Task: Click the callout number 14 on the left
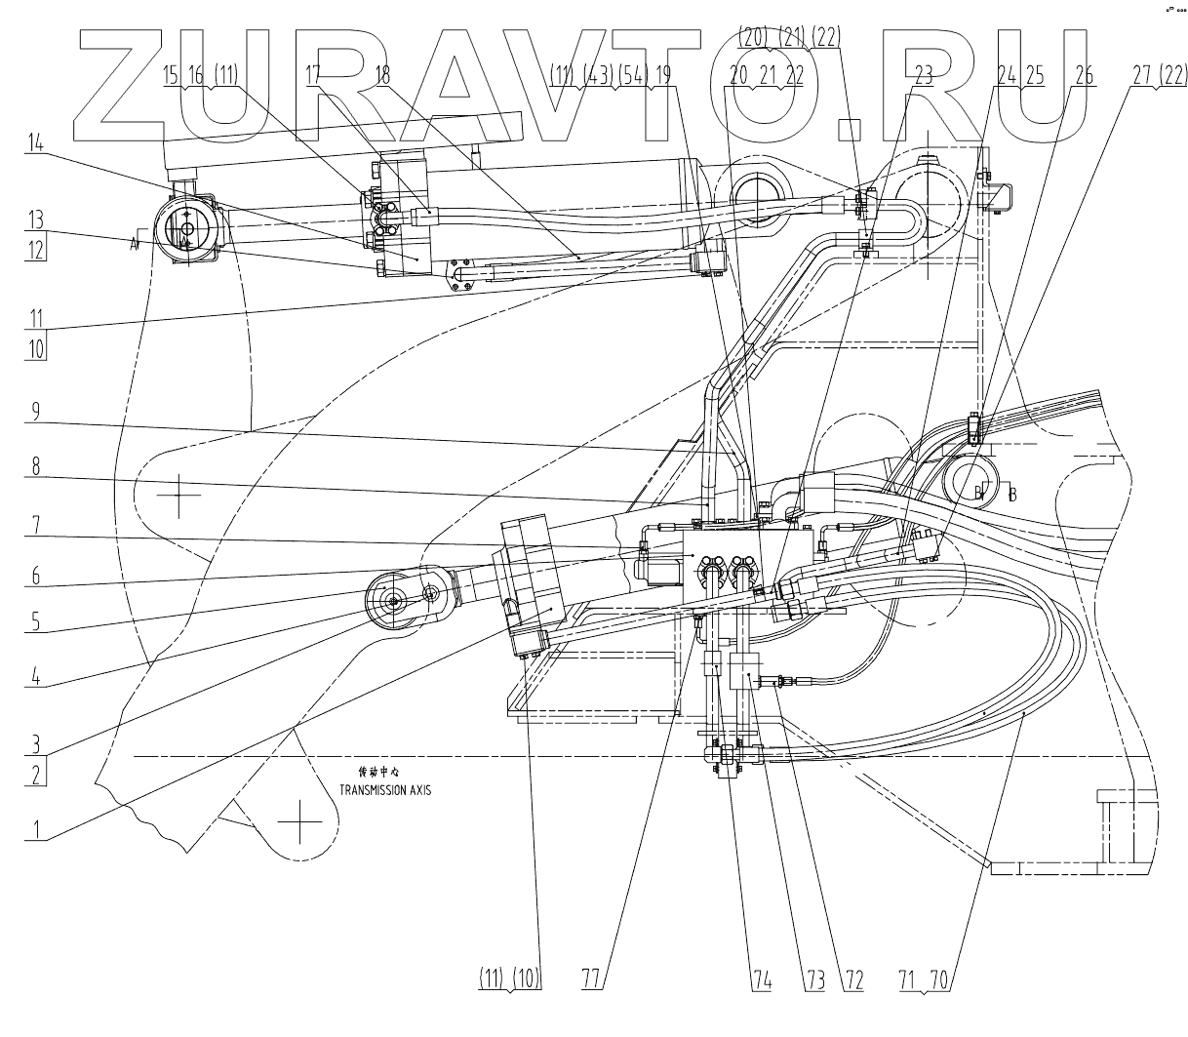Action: (36, 142)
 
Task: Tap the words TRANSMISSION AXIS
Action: (384, 790)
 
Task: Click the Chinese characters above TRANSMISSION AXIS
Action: (379, 772)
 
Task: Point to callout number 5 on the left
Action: (36, 620)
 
